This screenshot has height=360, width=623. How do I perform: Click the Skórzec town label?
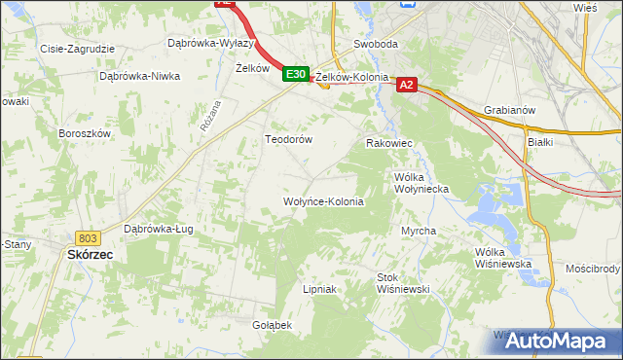tap(90, 254)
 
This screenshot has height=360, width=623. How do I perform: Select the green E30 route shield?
tap(297, 74)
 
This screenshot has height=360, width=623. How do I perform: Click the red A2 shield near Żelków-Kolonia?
tap(407, 86)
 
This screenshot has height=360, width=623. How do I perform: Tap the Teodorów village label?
tap(288, 139)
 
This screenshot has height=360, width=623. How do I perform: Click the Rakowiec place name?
tap(389, 143)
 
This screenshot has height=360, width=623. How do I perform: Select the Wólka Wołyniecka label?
tap(421, 183)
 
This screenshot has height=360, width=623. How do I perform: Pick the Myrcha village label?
tap(419, 231)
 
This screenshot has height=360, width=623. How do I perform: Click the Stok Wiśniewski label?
tap(403, 283)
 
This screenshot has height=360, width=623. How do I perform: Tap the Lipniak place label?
tap(319, 289)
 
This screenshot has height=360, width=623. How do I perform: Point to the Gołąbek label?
tap(272, 324)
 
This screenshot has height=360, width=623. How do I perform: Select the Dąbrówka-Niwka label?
tap(140, 75)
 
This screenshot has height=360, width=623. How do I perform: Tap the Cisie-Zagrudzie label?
tap(77, 48)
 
